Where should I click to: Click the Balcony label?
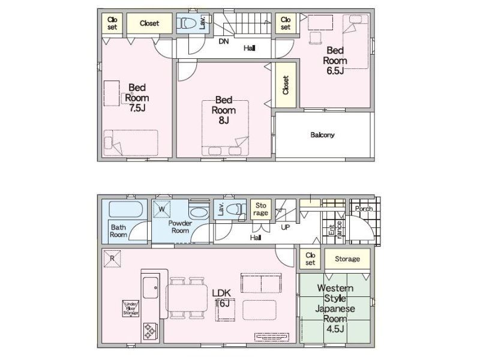coord(322,135)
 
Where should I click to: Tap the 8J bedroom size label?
coord(224,121)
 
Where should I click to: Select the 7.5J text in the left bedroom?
coord(137,108)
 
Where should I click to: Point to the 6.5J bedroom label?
coord(335,71)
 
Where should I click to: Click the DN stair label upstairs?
coord(224,41)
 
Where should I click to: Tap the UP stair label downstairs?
coord(286,227)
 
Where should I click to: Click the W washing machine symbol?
coord(161,209)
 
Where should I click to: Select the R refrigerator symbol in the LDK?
coord(112,259)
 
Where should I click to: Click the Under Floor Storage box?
coord(131,308)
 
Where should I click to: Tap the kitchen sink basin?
coord(151,287)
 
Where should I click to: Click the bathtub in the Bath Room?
coord(125,209)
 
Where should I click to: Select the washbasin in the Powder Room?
coord(199,212)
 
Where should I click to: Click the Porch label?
coord(364,209)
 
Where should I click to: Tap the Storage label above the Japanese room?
coord(347,259)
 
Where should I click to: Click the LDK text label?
coord(221,293)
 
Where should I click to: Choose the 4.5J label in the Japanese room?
coord(335,329)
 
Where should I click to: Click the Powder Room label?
coord(180,227)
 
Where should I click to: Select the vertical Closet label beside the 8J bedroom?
coord(286,85)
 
